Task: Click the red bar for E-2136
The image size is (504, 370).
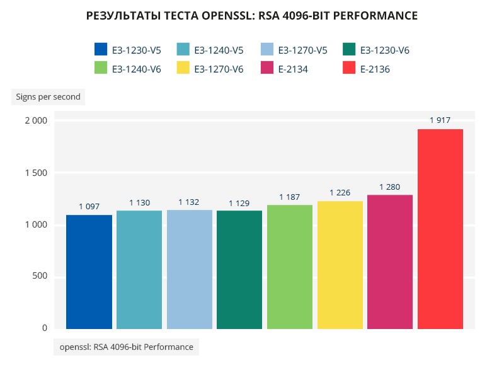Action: click(440, 229)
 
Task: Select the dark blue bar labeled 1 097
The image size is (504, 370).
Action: click(89, 272)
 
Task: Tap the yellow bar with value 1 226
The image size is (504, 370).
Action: click(340, 265)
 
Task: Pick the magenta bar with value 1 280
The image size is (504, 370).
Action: click(390, 262)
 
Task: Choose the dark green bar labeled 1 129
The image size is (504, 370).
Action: click(239, 270)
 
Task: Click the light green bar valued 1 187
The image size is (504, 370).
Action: click(290, 267)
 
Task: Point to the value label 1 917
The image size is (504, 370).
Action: click(440, 120)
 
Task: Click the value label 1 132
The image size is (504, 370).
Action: click(188, 202)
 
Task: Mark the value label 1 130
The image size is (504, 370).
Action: click(139, 202)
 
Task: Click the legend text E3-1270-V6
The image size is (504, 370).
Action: click(219, 69)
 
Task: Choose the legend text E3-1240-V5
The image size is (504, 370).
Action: click(219, 50)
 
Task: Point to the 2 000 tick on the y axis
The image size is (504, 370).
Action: click(35, 120)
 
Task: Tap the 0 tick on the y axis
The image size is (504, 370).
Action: click(45, 328)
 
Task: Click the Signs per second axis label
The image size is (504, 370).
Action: click(48, 96)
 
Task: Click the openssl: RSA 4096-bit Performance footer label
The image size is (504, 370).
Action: click(127, 347)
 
